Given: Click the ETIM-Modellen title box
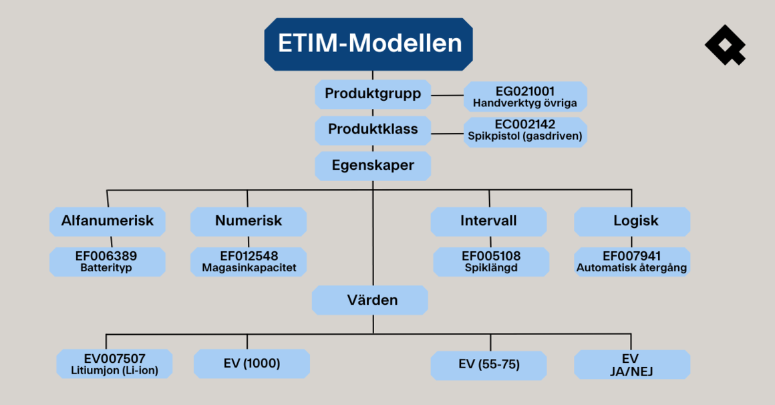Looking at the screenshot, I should pos(369,43).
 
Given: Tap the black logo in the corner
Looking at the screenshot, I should pos(724,45).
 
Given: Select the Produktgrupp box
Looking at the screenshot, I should pos(373,94).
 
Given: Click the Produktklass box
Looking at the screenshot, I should pos(373,129).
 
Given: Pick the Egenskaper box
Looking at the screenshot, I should pos(373,165).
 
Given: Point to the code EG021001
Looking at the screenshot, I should pos(525,91).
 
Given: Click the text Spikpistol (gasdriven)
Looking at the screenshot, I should pos(525,136).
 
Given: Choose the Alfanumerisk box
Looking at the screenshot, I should pos(108,221).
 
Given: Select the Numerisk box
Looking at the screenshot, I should pos(249,221).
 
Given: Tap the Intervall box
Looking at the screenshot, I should pos(488,221).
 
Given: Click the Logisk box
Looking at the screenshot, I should pos(632,221).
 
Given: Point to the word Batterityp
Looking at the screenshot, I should pos(108,268).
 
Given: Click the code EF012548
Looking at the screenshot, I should pos(249,256).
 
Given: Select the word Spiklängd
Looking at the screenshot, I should pos(491,268).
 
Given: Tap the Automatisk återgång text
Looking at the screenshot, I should pos(632,268).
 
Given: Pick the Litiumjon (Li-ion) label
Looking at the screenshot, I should pos(115,370).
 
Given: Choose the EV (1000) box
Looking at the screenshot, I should pos(252,364).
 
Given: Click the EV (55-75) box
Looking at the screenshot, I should pos(489,365).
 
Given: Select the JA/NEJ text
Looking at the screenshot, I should pos(632,370).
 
